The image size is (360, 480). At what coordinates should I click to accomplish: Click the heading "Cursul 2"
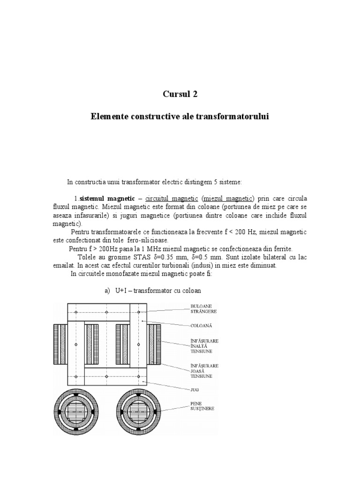point(180,94)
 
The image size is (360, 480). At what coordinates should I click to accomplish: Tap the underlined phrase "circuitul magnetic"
point(172,199)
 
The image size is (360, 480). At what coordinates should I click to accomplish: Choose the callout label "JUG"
point(194,389)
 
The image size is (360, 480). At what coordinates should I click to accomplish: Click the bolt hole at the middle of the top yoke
point(107,312)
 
